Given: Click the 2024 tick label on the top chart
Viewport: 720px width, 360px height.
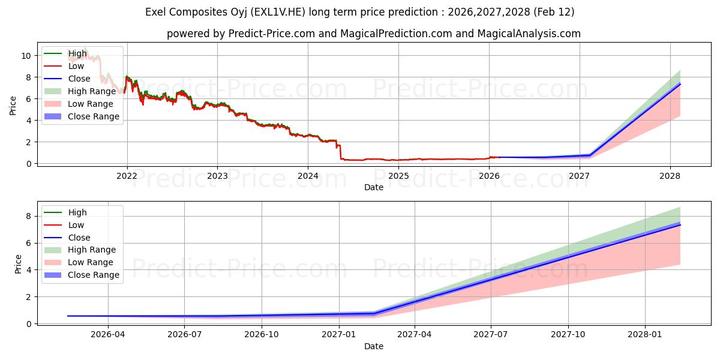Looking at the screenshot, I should point(308,176).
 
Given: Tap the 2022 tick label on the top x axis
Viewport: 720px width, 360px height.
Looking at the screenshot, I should point(127,176).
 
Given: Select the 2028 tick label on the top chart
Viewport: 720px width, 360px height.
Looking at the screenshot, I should point(670,176).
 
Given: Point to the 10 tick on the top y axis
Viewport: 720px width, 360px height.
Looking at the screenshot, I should point(26,56).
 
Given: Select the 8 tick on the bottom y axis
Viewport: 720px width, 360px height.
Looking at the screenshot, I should point(28,216).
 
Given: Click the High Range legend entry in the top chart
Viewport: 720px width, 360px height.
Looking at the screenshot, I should point(92,91).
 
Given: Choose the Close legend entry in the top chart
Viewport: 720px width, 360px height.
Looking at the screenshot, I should point(79,79).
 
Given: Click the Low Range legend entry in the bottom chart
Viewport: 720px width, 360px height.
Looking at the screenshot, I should point(91,262).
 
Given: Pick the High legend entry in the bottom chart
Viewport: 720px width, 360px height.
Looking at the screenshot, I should point(77,212).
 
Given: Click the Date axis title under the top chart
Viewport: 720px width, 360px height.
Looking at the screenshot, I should point(373,187).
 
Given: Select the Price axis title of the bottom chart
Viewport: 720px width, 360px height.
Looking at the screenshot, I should point(18,264).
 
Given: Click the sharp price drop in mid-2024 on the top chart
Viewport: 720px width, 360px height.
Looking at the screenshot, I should point(340,153).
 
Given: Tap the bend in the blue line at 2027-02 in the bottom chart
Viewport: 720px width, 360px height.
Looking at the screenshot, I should point(374,313).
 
